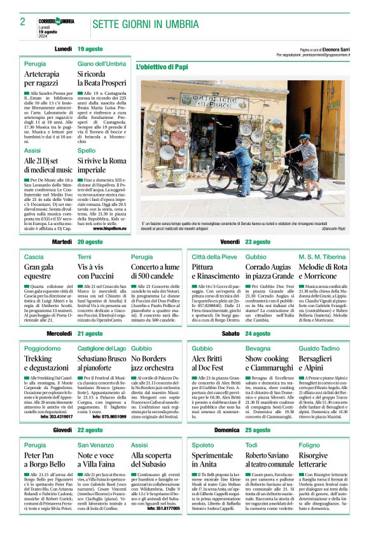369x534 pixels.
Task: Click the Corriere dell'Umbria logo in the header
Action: (57, 21)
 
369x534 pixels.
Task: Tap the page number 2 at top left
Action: (23, 22)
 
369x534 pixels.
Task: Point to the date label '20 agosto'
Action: (90, 242)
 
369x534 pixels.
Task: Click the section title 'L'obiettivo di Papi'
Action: (162, 66)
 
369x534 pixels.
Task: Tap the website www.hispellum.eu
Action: (109, 228)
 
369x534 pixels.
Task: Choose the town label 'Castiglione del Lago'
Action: (101, 348)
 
